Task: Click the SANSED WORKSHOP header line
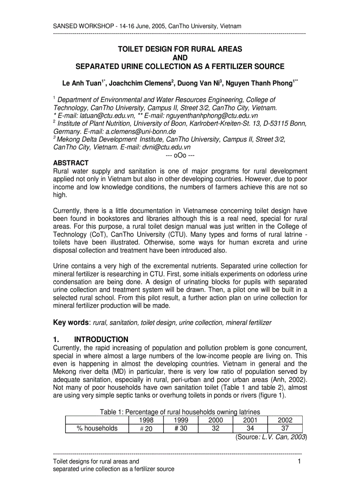tap(147, 26)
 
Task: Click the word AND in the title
tap(180, 58)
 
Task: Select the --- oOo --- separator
tap(180, 155)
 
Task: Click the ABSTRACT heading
tap(71, 163)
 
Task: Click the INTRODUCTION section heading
tap(101, 339)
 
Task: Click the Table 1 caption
tap(180, 412)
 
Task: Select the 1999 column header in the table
tap(181, 420)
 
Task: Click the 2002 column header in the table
tap(284, 420)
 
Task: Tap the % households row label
tap(97, 428)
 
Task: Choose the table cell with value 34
tap(250, 428)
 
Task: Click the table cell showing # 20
tap(146, 429)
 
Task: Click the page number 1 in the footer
tap(299, 462)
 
